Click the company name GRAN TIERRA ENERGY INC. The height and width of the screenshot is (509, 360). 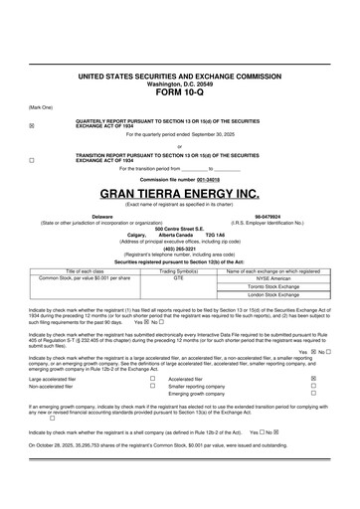point(179,193)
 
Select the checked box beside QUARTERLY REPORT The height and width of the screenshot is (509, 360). point(32,125)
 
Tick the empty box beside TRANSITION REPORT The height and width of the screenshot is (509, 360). point(32,158)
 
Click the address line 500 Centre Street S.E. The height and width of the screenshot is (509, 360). point(179,229)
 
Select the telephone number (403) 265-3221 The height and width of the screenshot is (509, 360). point(179,249)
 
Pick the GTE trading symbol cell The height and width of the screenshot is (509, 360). point(179,278)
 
